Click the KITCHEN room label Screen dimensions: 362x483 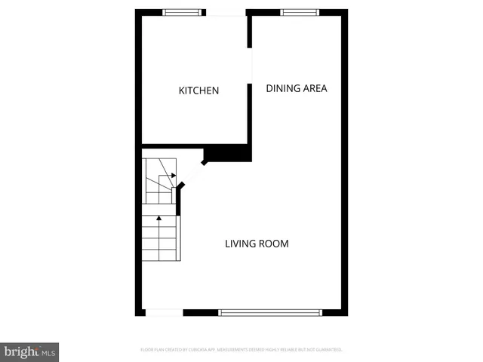(x=198, y=90)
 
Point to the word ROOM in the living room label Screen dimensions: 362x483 (x=274, y=244)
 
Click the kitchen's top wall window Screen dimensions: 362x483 (x=183, y=12)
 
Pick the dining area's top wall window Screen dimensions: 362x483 (x=300, y=12)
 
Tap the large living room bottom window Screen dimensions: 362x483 (x=270, y=312)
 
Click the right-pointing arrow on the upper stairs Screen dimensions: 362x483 (x=173, y=175)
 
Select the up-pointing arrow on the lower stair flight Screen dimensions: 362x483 (x=158, y=219)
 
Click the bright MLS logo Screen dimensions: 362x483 (x=29, y=351)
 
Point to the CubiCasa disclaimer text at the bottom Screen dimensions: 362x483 (x=241, y=350)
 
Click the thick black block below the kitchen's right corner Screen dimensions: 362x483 (x=229, y=153)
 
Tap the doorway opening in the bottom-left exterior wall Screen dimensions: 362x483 (x=164, y=312)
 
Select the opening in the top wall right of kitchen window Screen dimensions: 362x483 (x=226, y=12)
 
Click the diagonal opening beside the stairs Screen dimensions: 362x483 (x=191, y=175)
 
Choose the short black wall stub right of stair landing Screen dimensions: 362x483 (x=179, y=199)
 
